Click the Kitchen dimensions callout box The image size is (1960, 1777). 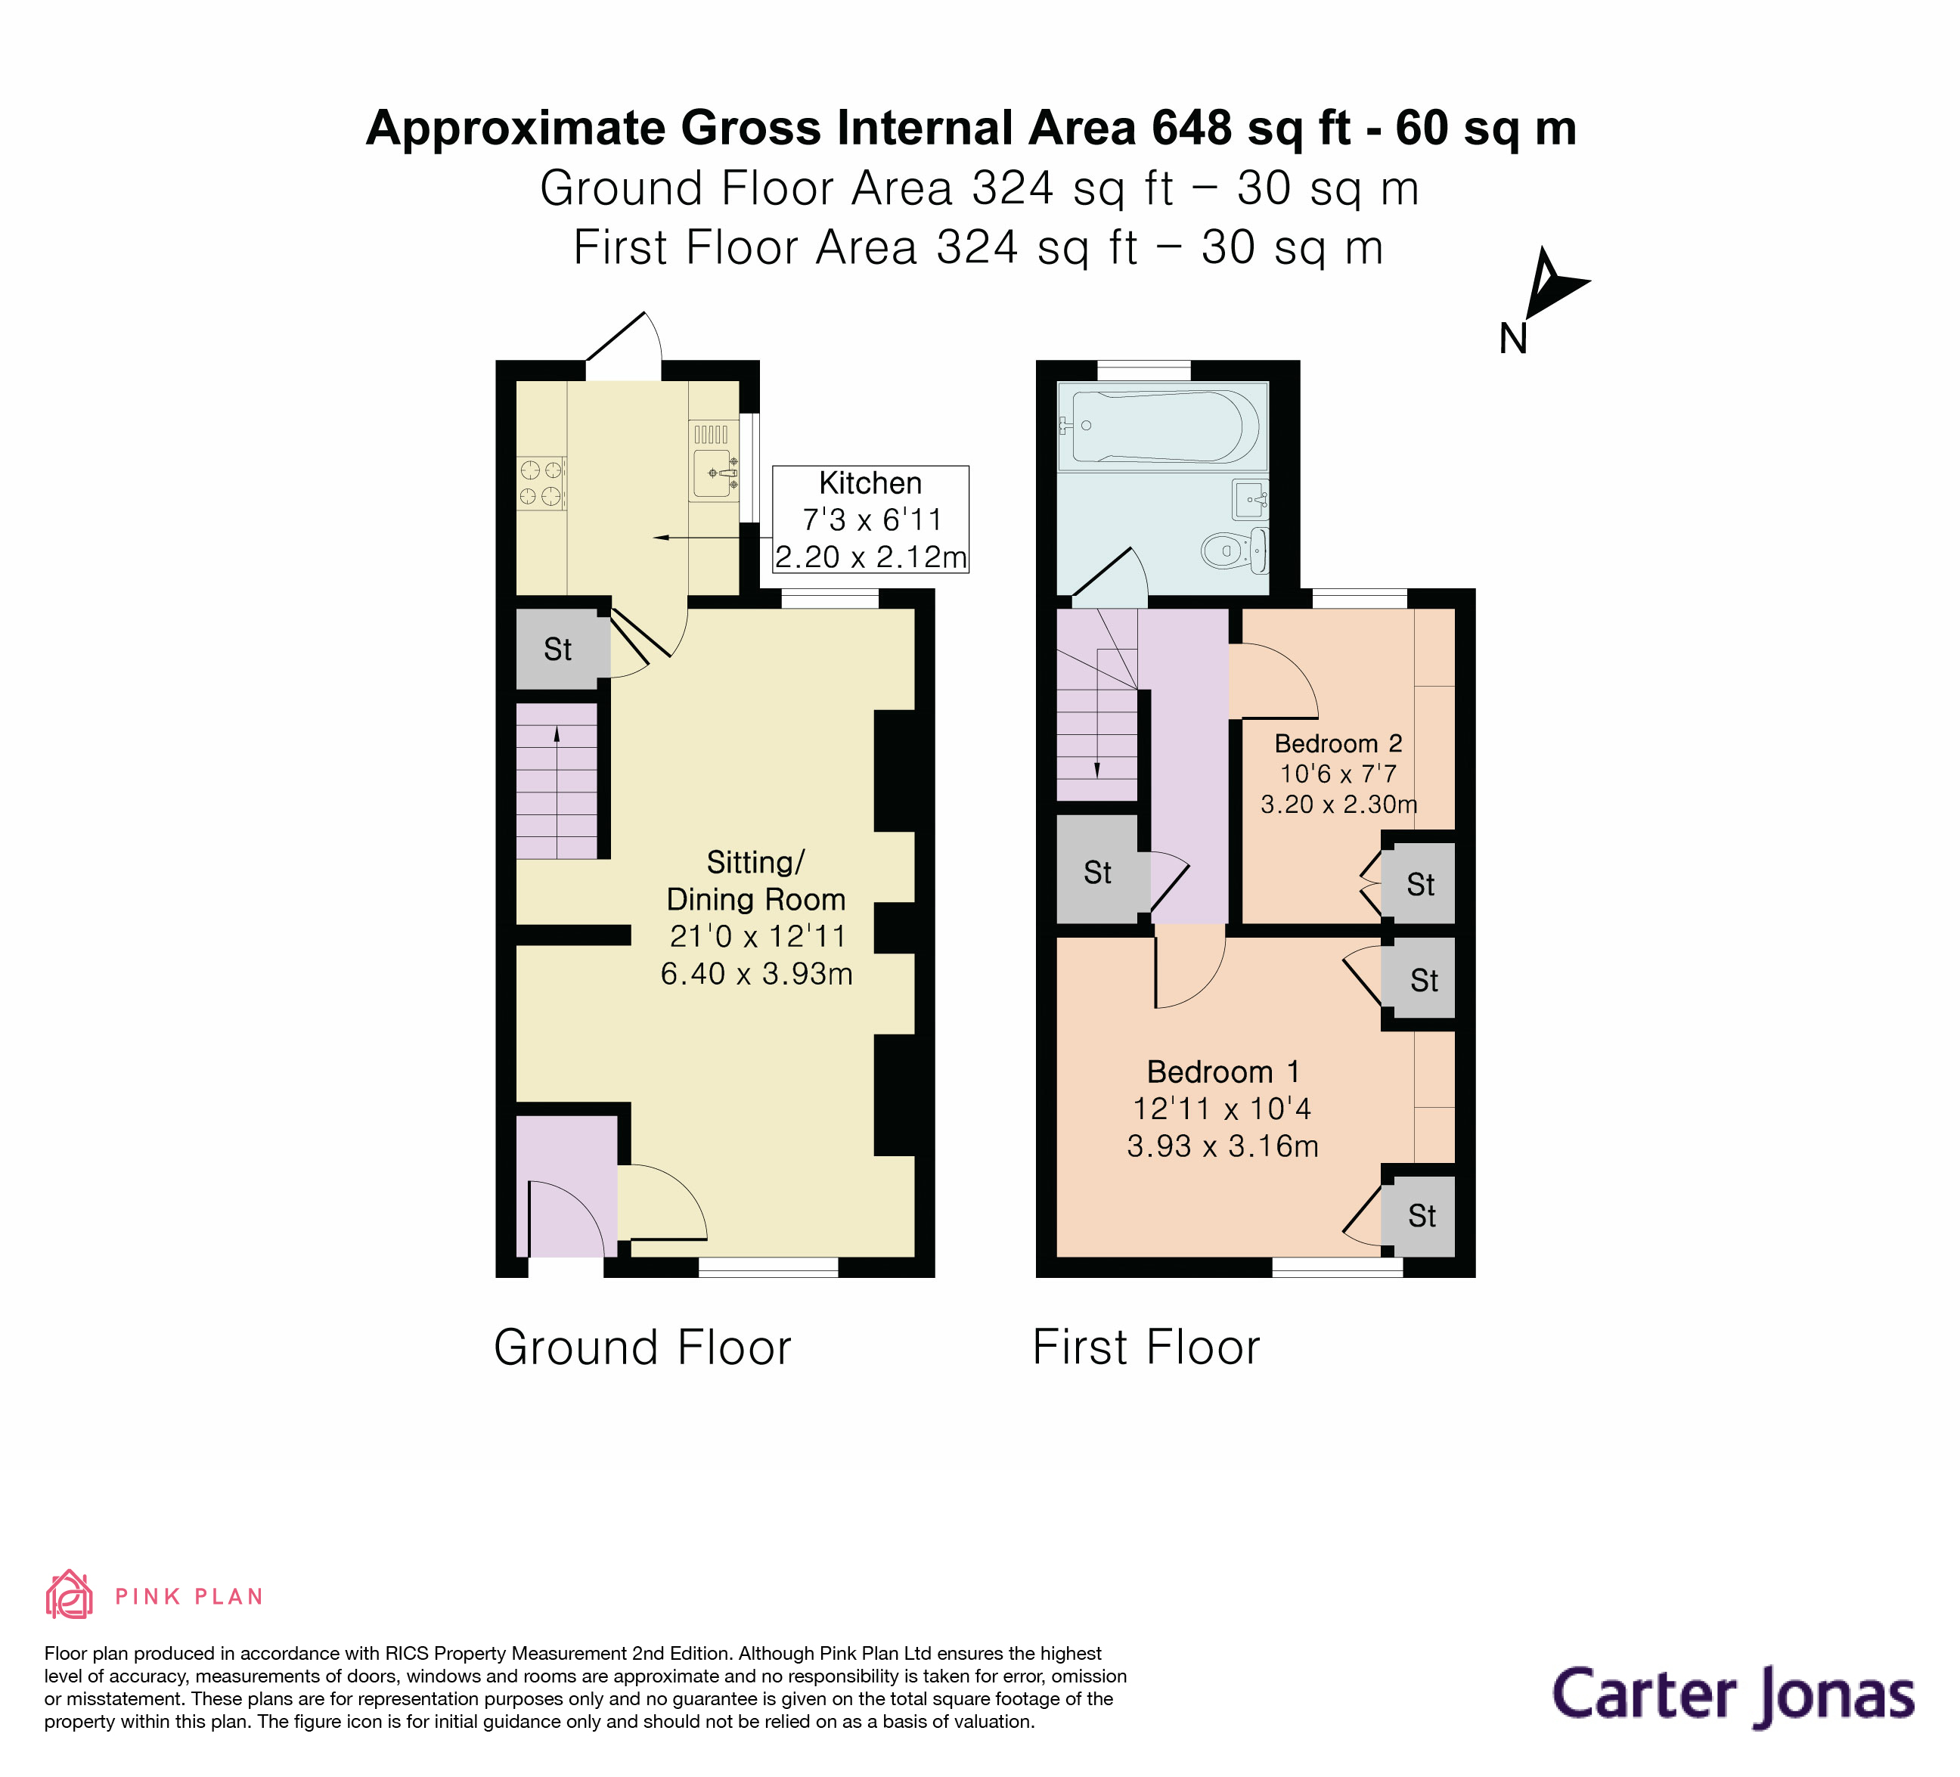(x=870, y=519)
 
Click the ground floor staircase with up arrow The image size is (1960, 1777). (x=556, y=780)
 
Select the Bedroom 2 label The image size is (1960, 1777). (x=1338, y=743)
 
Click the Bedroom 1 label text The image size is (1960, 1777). (x=1222, y=1072)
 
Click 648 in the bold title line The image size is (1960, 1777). (x=1192, y=129)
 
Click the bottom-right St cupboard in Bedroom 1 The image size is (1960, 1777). (x=1420, y=1216)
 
